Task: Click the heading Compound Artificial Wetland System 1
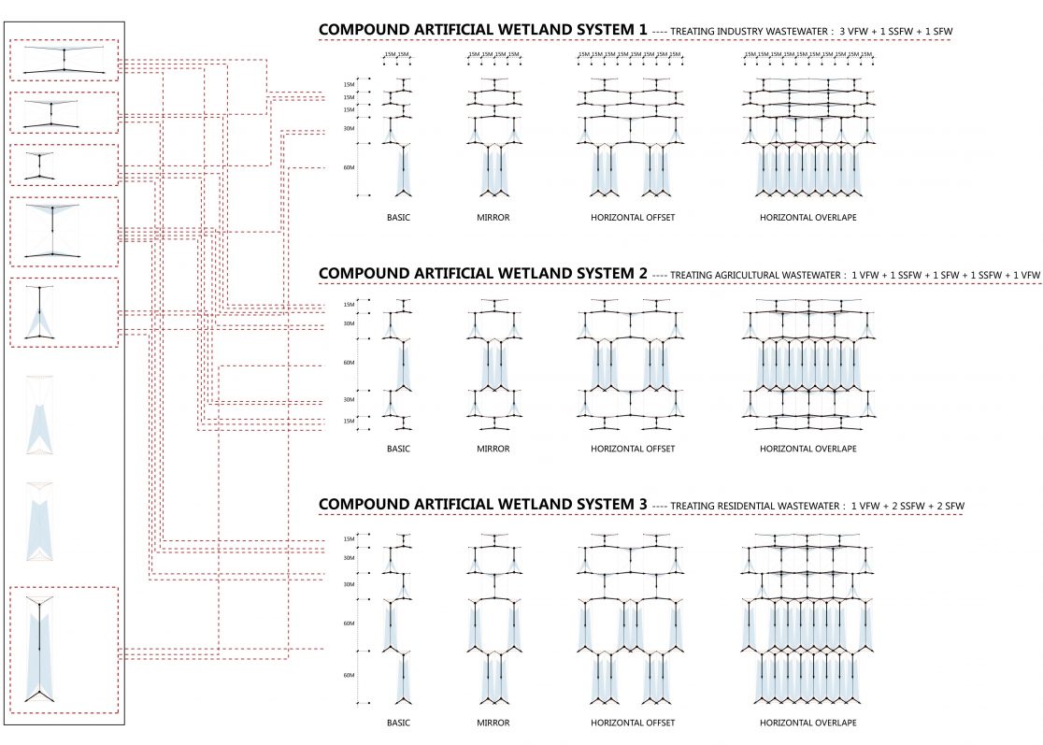(482, 30)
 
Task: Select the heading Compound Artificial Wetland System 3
(482, 505)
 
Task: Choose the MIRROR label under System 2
(493, 449)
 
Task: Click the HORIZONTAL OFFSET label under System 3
(633, 723)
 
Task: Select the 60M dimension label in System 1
(350, 168)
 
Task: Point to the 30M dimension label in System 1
(350, 129)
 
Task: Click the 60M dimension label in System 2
(350, 363)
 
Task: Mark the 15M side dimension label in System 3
(350, 538)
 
